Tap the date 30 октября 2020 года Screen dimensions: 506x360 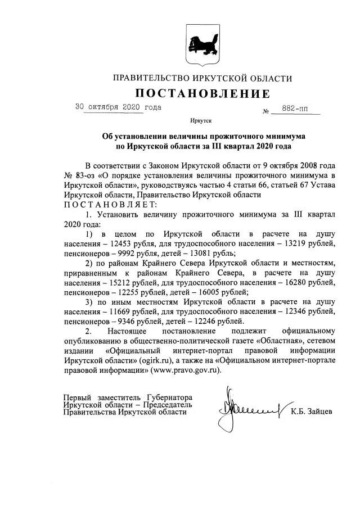[x=118, y=107]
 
